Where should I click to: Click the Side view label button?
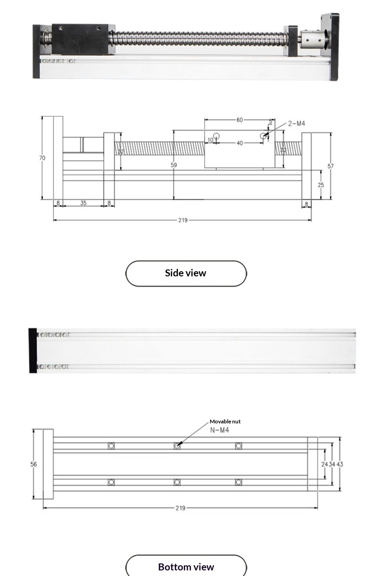(x=186, y=273)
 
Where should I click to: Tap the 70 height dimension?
(x=42, y=158)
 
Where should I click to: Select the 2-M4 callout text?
(x=296, y=124)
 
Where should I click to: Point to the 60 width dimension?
(x=239, y=120)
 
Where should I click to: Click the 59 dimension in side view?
(x=174, y=165)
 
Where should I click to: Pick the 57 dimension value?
(x=331, y=166)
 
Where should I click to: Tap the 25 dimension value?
(x=321, y=185)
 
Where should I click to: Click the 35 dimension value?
(x=83, y=203)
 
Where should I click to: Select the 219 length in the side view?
(x=183, y=220)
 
